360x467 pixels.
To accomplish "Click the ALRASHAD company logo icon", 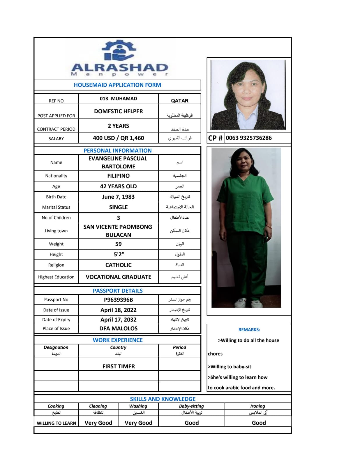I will (x=119, y=50).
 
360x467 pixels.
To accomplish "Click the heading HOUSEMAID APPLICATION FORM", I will (x=117, y=85).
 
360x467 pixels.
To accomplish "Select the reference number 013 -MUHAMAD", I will (x=118, y=99).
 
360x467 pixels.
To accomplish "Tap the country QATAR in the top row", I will (x=179, y=101).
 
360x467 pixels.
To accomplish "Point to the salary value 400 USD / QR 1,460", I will (x=118, y=138).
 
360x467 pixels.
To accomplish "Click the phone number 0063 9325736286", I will (x=249, y=138).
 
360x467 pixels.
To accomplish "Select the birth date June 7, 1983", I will (x=118, y=197).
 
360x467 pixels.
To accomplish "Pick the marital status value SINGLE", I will (x=118, y=207).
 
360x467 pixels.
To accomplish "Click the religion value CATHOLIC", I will (x=118, y=265).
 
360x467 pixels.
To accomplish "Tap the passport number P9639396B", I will (x=118, y=300).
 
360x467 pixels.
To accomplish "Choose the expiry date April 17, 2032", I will (x=118, y=320).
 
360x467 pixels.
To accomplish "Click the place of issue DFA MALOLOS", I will (x=118, y=328).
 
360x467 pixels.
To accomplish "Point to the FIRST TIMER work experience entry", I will (x=118, y=366).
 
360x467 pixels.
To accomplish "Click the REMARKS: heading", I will (x=249, y=330).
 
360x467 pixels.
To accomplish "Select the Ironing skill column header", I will (x=257, y=406).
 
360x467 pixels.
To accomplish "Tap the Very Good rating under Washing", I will (x=138, y=423).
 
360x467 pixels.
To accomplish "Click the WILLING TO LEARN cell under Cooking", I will (x=56, y=423).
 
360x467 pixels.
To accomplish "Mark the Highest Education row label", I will (x=56, y=277).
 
